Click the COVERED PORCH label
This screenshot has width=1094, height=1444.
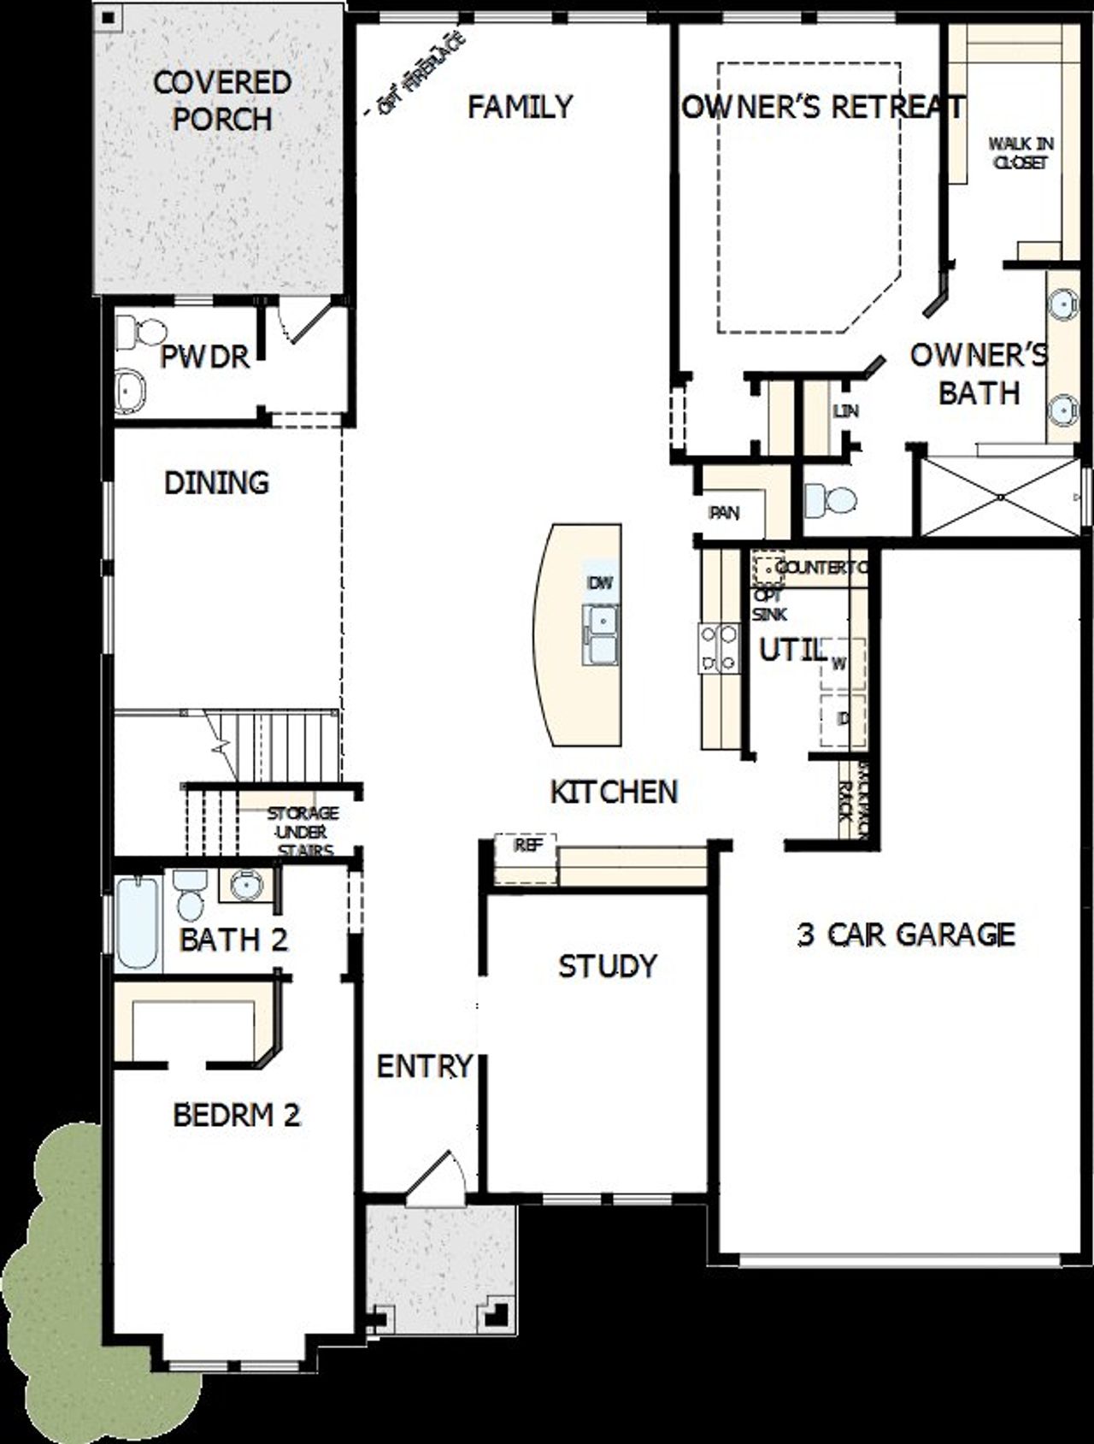point(222,101)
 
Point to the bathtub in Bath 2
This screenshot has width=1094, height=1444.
point(138,924)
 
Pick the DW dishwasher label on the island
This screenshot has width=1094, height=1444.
point(601,583)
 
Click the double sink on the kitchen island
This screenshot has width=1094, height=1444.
point(602,634)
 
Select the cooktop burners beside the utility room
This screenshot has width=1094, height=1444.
point(719,647)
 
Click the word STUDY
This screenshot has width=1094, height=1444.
point(608,966)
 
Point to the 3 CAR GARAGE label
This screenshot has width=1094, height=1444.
point(906,934)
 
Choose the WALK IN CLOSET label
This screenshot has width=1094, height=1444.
point(1020,152)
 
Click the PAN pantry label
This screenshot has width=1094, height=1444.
point(724,513)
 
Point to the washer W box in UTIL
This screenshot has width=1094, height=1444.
point(840,663)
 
